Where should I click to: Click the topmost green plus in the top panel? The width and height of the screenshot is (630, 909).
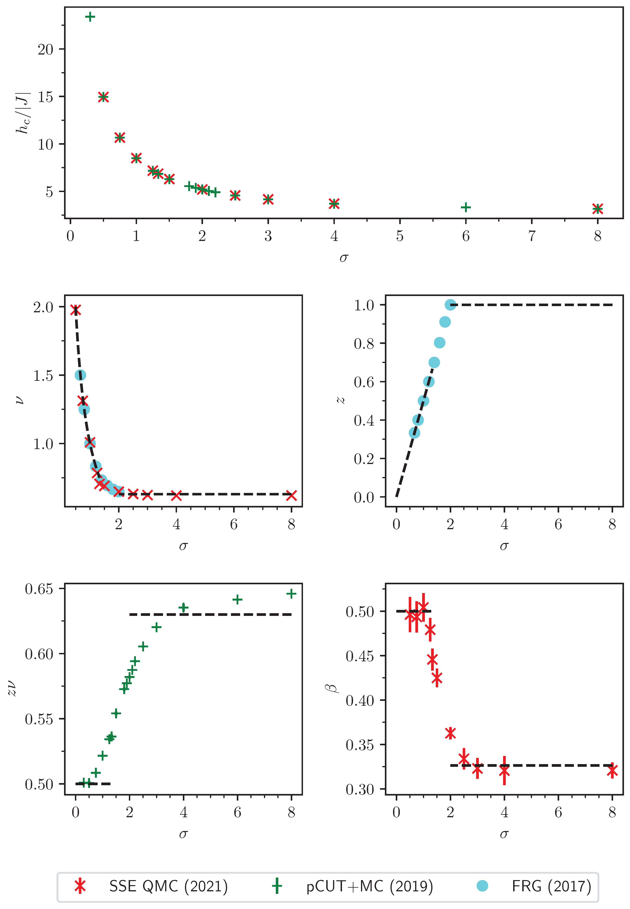(90, 16)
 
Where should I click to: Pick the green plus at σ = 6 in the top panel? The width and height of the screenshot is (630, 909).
(466, 207)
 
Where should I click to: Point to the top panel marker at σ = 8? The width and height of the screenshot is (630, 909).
(598, 209)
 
